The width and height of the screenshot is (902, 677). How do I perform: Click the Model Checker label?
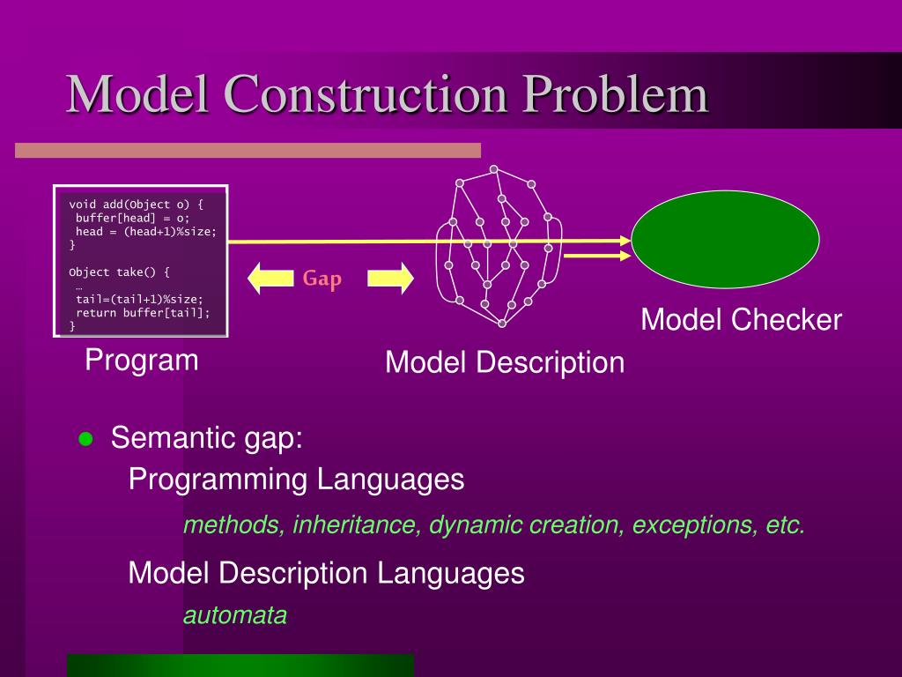click(x=741, y=320)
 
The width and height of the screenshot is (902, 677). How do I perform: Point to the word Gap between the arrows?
click(x=322, y=279)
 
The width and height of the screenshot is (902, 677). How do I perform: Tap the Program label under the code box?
click(x=142, y=361)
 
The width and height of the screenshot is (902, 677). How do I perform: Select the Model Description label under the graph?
click(x=504, y=362)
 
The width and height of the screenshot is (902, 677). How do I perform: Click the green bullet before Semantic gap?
click(x=85, y=439)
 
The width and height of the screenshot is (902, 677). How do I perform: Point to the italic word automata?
click(x=235, y=615)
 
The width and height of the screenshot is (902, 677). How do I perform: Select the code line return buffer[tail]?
click(x=143, y=312)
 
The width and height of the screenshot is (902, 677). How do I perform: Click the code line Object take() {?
click(x=119, y=272)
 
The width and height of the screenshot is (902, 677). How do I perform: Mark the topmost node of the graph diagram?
click(x=494, y=169)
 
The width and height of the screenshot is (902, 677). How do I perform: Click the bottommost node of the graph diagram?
click(x=502, y=324)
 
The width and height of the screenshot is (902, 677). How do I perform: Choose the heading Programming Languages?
click(x=296, y=480)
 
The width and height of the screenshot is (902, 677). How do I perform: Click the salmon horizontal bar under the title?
click(x=248, y=151)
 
